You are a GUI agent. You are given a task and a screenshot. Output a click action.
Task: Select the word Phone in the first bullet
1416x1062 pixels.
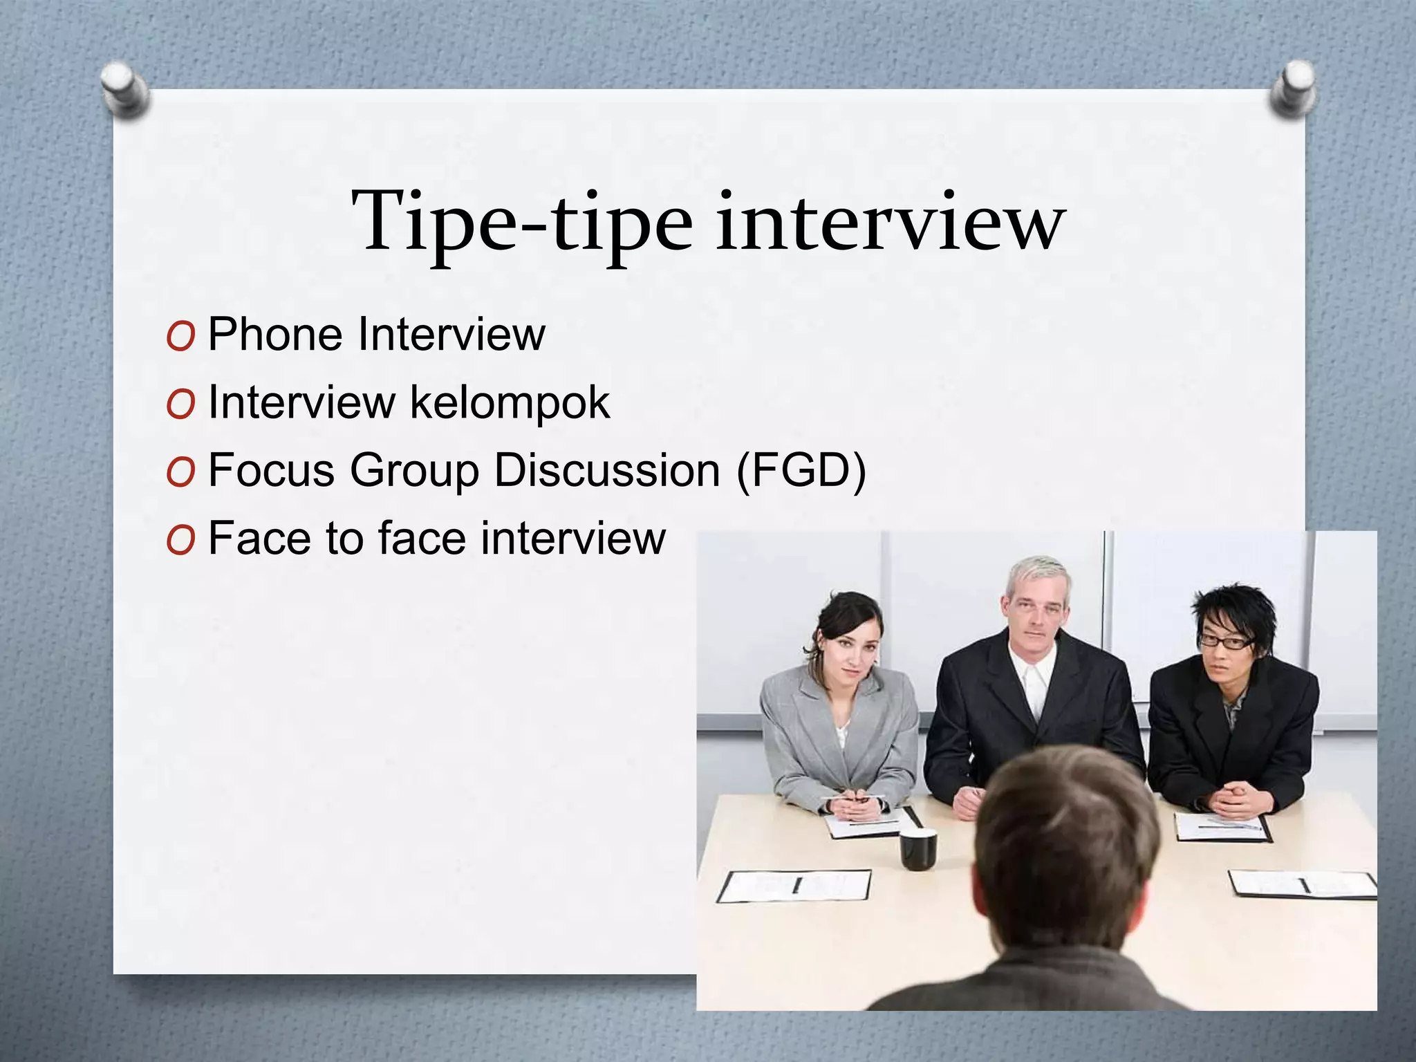(274, 335)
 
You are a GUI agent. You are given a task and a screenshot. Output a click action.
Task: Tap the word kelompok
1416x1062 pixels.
(510, 402)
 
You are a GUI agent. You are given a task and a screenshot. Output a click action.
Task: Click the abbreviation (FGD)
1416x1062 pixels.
(800, 470)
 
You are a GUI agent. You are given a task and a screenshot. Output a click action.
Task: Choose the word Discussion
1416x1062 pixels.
(607, 470)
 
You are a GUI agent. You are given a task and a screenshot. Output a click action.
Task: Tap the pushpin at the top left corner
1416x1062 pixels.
(124, 91)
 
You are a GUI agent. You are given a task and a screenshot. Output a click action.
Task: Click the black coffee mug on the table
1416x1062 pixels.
(918, 848)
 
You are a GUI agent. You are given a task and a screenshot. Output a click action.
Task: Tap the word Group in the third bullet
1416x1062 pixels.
(414, 472)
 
